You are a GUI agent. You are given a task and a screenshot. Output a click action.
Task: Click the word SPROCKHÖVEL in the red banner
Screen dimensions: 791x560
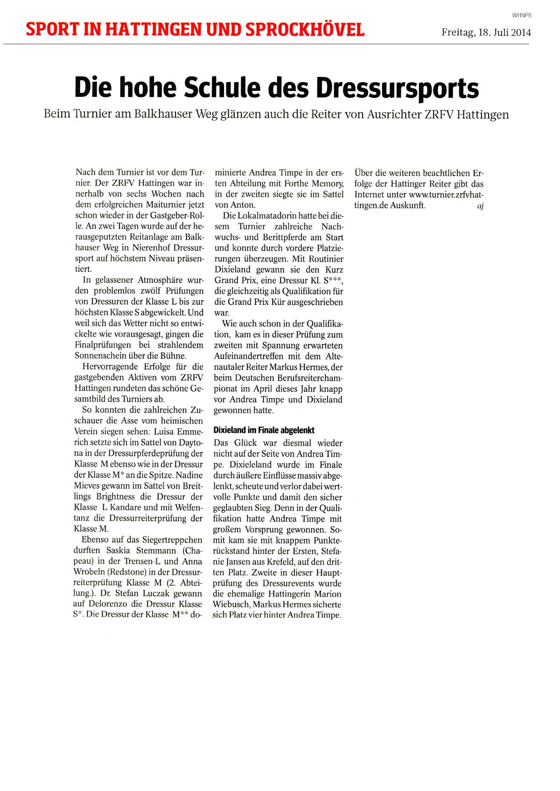coord(305,30)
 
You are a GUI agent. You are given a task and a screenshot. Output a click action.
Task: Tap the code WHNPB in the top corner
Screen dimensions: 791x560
coord(522,15)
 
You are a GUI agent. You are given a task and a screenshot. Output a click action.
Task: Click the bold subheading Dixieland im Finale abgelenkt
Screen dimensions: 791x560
coord(264,430)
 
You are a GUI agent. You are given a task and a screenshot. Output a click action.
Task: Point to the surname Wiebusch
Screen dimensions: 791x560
coord(232,605)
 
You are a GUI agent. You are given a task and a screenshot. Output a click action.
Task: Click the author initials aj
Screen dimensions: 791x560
coord(480,206)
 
